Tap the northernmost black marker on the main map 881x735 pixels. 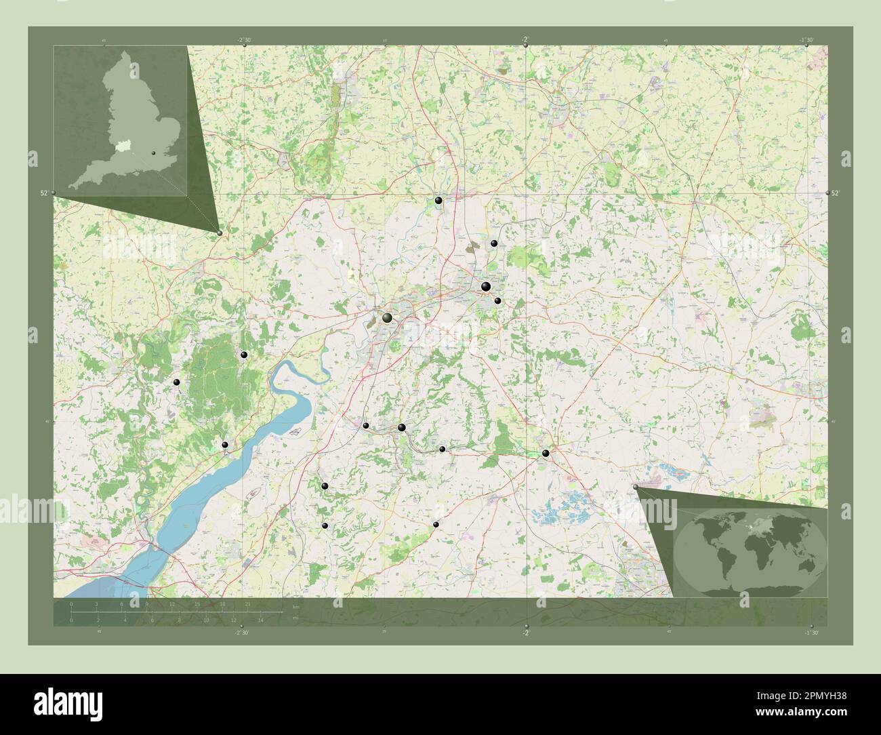pyautogui.click(x=439, y=201)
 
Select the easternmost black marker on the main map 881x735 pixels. pyautogui.click(x=546, y=453)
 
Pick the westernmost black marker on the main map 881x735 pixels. pyautogui.click(x=177, y=383)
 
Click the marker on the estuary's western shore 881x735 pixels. pyautogui.click(x=225, y=445)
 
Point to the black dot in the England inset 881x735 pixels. pyautogui.click(x=155, y=155)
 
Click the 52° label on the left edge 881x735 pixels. pyautogui.click(x=44, y=193)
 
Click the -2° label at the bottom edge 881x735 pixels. pyautogui.click(x=526, y=633)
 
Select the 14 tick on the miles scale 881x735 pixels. pyautogui.click(x=260, y=620)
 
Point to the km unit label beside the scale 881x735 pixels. pyautogui.click(x=295, y=604)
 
